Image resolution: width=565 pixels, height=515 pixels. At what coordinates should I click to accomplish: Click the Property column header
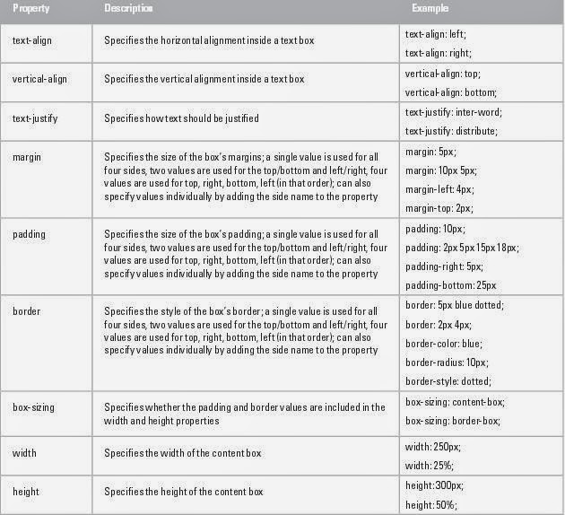[30, 8]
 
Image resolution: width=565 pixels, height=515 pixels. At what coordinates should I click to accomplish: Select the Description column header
[128, 8]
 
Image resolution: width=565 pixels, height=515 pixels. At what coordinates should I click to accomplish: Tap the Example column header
[430, 8]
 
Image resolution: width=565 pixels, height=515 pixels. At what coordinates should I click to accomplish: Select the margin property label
[26, 157]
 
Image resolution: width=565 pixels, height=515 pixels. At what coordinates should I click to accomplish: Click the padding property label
[29, 234]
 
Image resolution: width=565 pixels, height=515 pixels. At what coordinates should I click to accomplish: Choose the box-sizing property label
[33, 406]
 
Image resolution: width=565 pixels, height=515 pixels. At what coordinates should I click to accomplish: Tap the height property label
[25, 491]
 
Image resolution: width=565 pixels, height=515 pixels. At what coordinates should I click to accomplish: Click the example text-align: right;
[438, 53]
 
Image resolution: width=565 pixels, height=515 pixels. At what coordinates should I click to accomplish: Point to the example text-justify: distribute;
[450, 131]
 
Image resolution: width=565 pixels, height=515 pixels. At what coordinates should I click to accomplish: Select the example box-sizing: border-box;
[453, 421]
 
